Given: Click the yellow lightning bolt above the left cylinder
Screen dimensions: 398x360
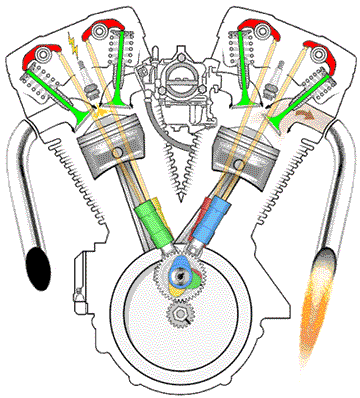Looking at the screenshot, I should point(70,45).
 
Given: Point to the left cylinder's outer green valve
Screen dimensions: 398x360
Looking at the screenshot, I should point(50,91).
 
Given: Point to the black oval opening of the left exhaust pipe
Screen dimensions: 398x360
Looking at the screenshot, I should point(40,266).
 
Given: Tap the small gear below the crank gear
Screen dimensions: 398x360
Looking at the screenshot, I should point(179,317).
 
